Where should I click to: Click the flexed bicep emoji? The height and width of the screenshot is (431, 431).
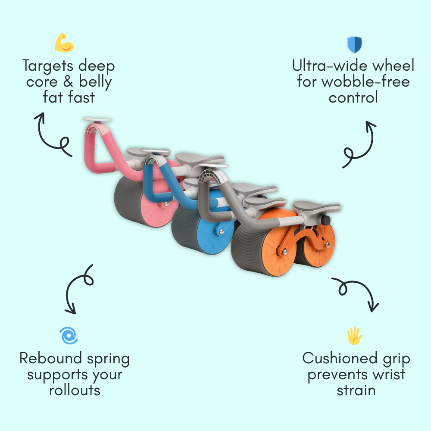[x=64, y=43]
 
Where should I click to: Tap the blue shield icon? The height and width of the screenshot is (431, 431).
[x=354, y=45]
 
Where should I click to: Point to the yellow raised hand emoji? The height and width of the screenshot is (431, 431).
[x=355, y=336]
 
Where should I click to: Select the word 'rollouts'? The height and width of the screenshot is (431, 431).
[x=75, y=390]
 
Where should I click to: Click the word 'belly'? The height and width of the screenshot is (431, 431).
[x=95, y=82]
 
